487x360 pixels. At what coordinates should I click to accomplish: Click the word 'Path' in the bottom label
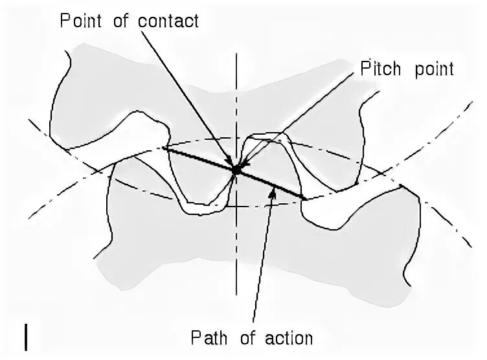click(208, 338)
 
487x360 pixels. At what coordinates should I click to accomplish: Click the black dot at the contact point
click(236, 170)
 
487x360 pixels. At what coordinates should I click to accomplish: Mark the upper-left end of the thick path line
click(163, 148)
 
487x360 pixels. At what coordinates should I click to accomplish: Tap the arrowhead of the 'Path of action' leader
click(276, 188)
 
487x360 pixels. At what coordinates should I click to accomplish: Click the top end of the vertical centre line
click(237, 54)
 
